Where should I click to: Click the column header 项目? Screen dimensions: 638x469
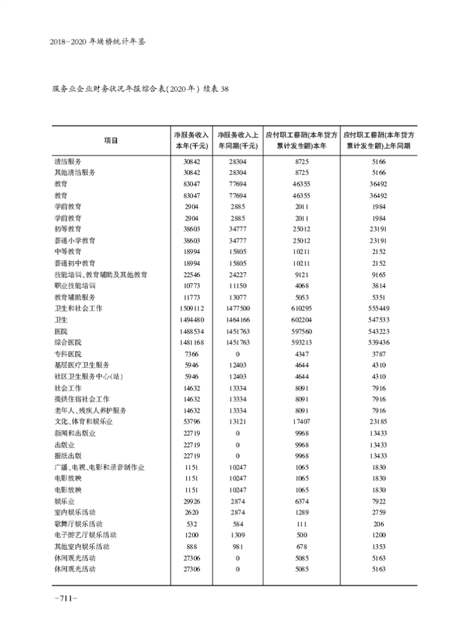(x=111, y=140)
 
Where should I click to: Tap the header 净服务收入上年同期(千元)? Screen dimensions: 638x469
(x=237, y=140)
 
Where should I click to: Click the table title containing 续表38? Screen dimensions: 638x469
(x=140, y=90)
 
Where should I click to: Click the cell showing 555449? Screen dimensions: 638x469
(x=379, y=308)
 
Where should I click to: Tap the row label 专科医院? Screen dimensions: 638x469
(x=68, y=354)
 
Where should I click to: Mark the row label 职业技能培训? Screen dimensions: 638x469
(x=74, y=285)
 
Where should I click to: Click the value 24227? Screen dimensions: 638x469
(x=237, y=274)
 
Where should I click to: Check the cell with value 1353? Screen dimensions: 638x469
(x=379, y=546)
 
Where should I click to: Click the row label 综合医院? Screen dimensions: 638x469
(x=68, y=342)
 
